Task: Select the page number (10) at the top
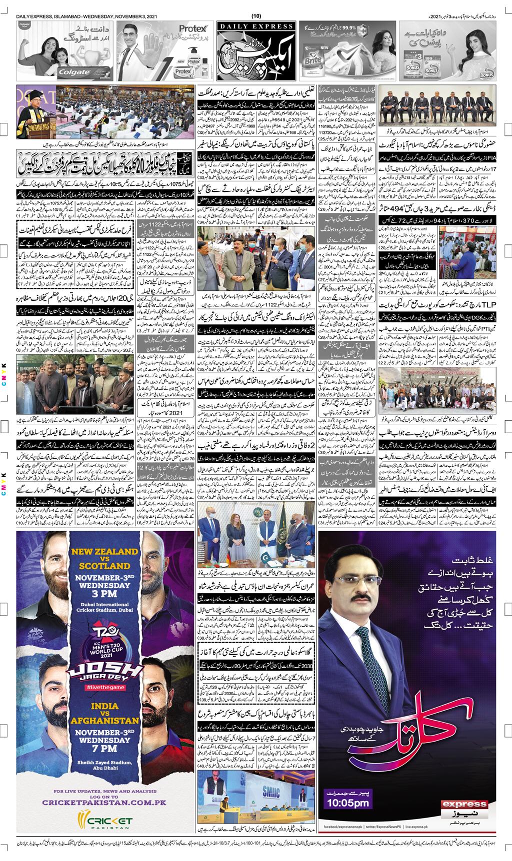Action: [x=256, y=5]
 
